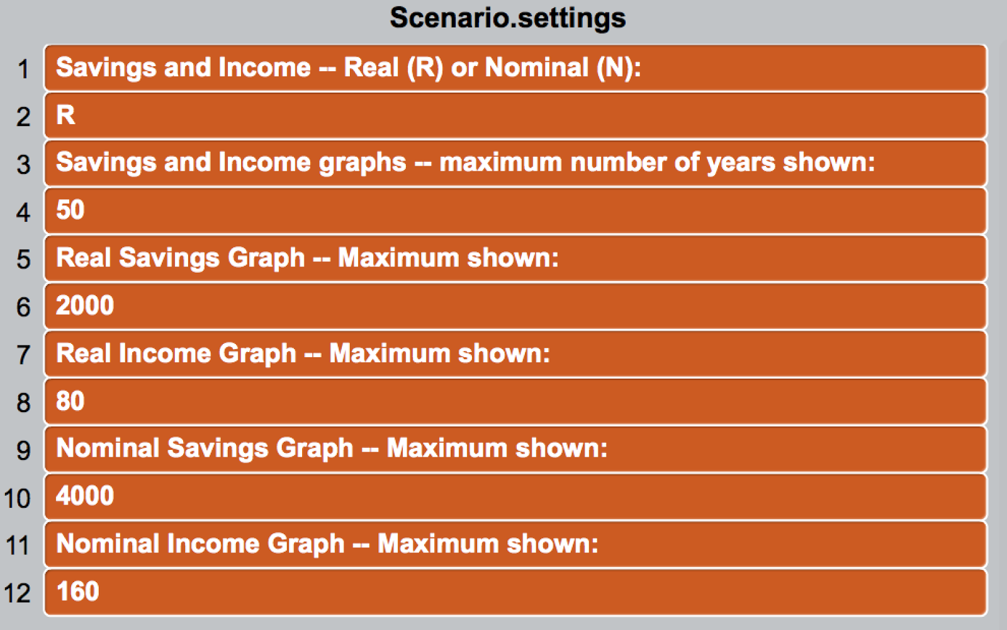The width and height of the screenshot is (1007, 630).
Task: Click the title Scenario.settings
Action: click(507, 18)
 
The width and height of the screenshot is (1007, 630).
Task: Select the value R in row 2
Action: click(65, 115)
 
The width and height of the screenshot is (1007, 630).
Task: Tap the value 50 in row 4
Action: click(70, 210)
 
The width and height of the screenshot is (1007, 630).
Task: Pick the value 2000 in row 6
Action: click(85, 306)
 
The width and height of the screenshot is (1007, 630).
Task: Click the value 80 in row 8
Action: click(70, 401)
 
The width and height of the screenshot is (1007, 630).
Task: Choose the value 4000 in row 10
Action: click(85, 496)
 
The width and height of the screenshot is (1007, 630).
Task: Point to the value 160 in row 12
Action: click(77, 592)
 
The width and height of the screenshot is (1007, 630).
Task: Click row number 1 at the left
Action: click(23, 69)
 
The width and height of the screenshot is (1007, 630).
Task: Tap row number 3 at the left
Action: click(23, 164)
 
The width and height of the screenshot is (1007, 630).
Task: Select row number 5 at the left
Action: click(23, 260)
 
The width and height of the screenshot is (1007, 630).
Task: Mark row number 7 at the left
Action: click(23, 355)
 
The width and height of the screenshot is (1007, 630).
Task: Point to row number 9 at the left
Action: click(23, 450)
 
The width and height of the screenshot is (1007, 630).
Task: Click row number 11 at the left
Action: click(18, 546)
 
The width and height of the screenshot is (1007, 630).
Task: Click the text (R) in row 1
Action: click(425, 68)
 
